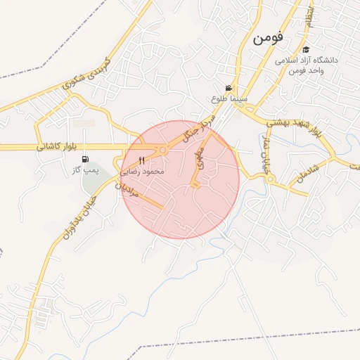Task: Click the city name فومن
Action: coord(268,39)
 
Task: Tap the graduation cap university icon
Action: coord(306,50)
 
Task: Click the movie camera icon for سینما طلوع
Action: coord(228,87)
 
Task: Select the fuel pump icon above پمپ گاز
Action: coord(86,159)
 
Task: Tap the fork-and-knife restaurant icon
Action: coord(141,160)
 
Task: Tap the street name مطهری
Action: coord(201,159)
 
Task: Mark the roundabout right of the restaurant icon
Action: coord(162,150)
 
